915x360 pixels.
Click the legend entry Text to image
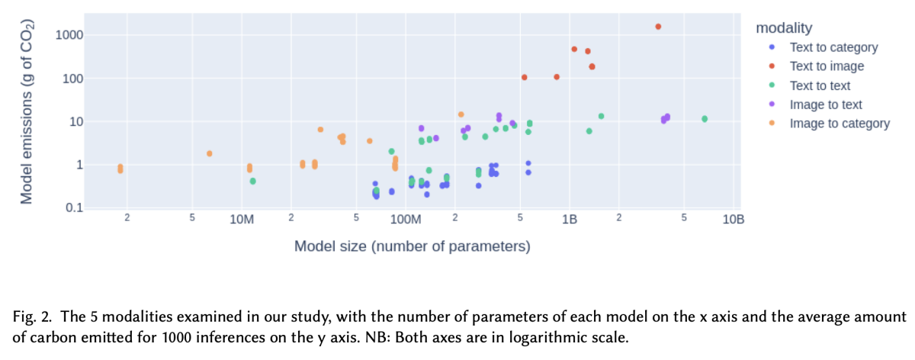827,66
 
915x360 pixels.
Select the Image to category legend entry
840,124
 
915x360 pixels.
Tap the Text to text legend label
820,85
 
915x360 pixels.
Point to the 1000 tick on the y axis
69,35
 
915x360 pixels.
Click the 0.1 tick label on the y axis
72,208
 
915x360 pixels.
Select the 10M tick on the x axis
241,220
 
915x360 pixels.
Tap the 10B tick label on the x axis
733,220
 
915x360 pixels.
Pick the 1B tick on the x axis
569,220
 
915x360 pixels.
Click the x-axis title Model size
412,246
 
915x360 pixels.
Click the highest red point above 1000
658,27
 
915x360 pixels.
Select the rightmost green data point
705,119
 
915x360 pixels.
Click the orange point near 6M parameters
209,153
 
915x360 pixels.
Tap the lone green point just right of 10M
252,181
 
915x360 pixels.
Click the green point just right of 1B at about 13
601,116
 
